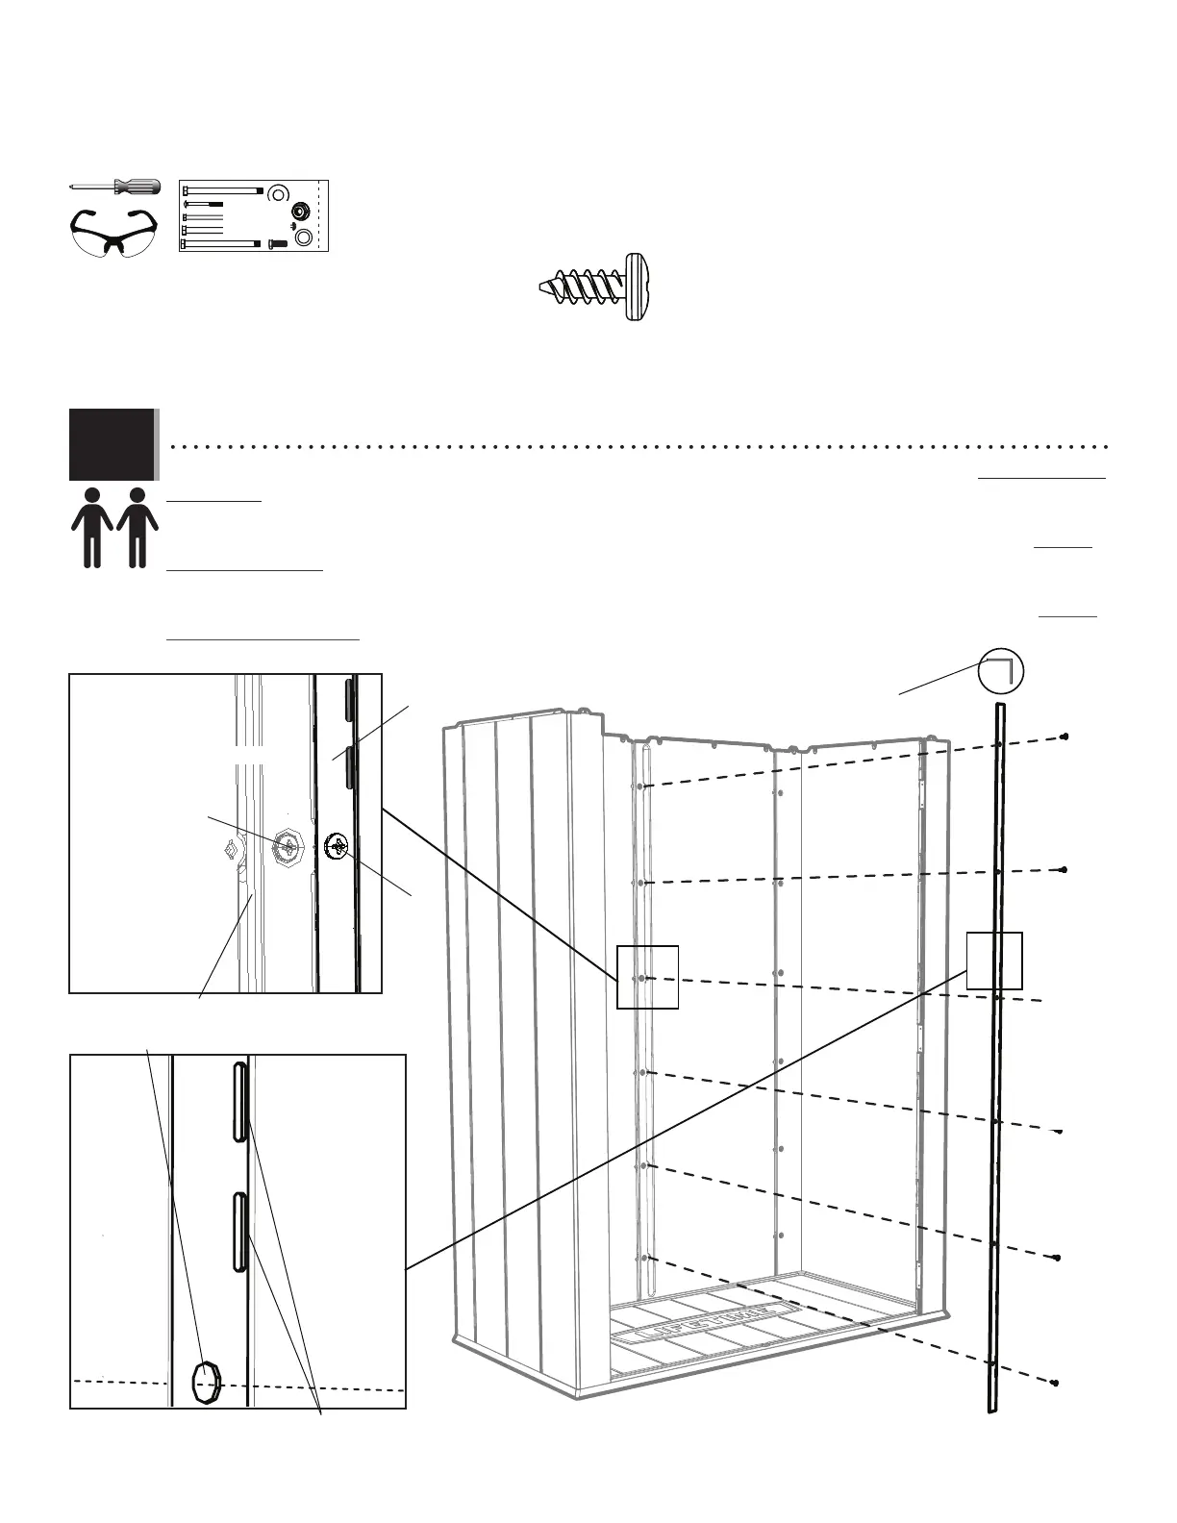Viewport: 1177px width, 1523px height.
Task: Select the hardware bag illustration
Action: pyautogui.click(x=255, y=215)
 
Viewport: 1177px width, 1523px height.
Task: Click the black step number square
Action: pyautogui.click(x=112, y=444)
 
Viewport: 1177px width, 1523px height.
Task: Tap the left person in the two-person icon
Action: pyautogui.click(x=92, y=528)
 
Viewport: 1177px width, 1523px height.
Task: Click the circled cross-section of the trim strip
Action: pyautogui.click(x=1000, y=670)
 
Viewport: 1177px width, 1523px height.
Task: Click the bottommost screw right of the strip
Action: pyautogui.click(x=1055, y=1383)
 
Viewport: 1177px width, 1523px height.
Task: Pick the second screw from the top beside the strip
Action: pyautogui.click(x=1064, y=869)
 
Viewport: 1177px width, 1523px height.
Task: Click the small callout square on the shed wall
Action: pyautogui.click(x=647, y=977)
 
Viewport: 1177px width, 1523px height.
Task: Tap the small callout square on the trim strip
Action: pyautogui.click(x=993, y=960)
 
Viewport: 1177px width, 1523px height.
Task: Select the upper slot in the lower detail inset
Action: pyautogui.click(x=240, y=1102)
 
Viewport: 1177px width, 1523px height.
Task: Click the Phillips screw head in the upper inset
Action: pyautogui.click(x=337, y=846)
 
